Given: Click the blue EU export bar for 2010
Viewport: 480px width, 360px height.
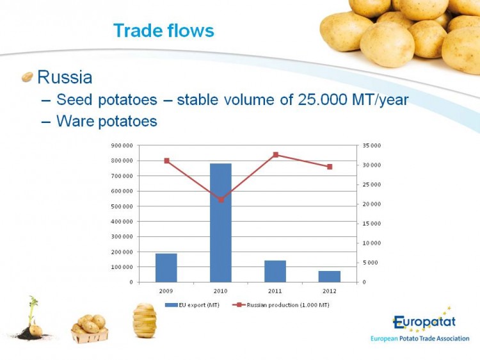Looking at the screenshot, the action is [221, 223].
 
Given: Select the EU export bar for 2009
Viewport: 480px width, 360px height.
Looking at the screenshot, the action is [166, 268].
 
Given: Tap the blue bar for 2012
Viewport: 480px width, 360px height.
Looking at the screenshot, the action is [330, 277].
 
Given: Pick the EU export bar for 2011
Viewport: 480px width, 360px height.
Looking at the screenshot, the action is [275, 272].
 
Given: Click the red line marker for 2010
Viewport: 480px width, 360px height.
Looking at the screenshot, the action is [221, 200].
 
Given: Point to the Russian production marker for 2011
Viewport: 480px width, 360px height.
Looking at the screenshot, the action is [275, 155].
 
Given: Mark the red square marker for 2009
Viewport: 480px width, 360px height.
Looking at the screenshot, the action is [167, 161].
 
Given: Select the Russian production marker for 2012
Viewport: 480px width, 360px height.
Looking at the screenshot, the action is [330, 167].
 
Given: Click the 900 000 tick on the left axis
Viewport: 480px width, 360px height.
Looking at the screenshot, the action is [122, 145].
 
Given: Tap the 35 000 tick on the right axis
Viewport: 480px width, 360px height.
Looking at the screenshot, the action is [372, 145].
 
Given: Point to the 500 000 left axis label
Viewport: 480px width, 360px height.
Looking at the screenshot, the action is [122, 206].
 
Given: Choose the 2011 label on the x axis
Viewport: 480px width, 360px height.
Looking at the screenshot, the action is [275, 291].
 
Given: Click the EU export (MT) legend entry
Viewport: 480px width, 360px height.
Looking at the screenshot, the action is [192, 305].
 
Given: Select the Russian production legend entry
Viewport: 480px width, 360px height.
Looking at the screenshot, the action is [281, 305].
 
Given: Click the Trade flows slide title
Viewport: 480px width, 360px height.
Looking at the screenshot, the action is [164, 31].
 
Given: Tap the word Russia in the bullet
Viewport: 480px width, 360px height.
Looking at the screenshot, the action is [65, 77].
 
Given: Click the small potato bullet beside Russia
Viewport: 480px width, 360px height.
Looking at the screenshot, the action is [28, 77].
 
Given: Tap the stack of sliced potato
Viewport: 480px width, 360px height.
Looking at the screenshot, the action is [145, 320].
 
